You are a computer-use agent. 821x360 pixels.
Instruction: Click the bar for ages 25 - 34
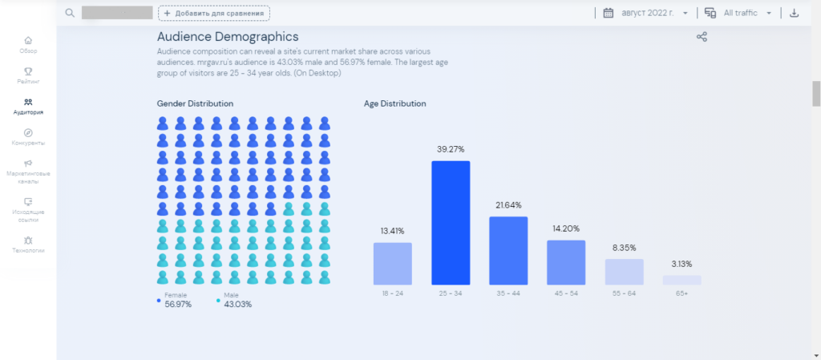[x=451, y=223]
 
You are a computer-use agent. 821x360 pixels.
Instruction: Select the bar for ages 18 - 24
[x=393, y=264]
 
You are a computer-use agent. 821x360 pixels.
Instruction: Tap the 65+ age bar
[x=681, y=280]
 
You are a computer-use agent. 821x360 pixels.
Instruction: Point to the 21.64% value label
[x=508, y=205]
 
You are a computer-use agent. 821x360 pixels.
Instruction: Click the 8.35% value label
[x=624, y=248]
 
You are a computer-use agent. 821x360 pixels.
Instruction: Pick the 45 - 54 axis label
[x=566, y=294]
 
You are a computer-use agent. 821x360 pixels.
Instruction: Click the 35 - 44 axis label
[x=508, y=294]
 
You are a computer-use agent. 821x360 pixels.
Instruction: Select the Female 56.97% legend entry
[x=177, y=300]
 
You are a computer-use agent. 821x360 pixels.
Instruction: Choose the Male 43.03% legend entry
[x=236, y=300]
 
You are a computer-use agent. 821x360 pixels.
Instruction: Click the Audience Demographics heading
[x=228, y=37]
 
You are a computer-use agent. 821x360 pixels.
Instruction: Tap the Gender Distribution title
[x=195, y=104]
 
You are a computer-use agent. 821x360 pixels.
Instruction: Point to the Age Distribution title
[x=394, y=104]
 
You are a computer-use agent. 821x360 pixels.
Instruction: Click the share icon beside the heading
[x=702, y=37]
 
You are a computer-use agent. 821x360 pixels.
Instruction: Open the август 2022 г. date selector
[x=645, y=13]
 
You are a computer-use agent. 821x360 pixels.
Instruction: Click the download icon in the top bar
[x=794, y=13]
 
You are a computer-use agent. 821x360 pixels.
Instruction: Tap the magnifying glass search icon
[x=70, y=13]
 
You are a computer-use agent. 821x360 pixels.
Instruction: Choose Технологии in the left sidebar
[x=28, y=244]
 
